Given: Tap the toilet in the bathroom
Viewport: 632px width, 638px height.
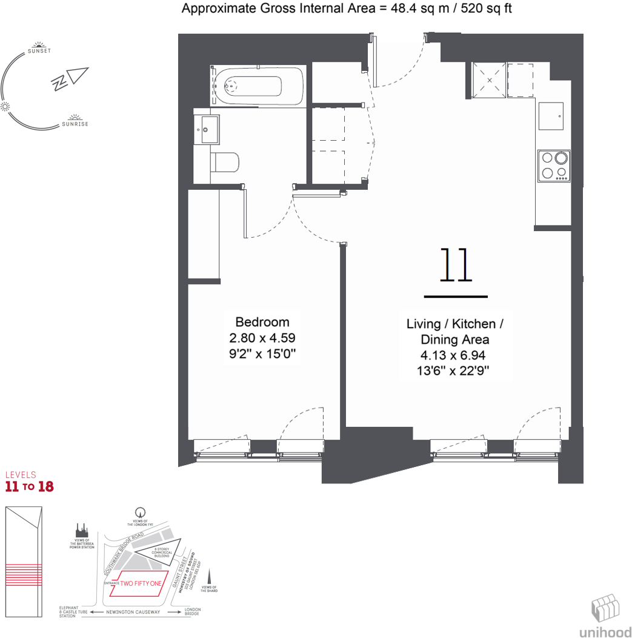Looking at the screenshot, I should (x=225, y=162).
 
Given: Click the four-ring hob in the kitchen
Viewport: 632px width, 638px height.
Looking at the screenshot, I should (x=554, y=166).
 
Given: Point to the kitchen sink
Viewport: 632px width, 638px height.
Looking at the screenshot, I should (x=551, y=115).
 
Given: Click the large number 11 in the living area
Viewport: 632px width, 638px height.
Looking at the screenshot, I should (x=456, y=266).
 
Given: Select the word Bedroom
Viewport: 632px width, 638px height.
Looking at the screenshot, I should (x=262, y=322).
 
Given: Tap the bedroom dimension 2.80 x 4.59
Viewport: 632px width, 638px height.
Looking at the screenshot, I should (x=262, y=338).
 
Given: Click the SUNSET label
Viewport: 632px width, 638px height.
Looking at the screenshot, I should (x=39, y=51).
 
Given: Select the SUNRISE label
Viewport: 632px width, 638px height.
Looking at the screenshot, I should (x=75, y=124).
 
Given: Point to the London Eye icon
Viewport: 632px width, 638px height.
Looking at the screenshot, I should (x=141, y=512).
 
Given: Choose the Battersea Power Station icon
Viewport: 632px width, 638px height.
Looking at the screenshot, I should (x=82, y=530).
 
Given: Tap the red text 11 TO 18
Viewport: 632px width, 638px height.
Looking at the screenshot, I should (x=29, y=486).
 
